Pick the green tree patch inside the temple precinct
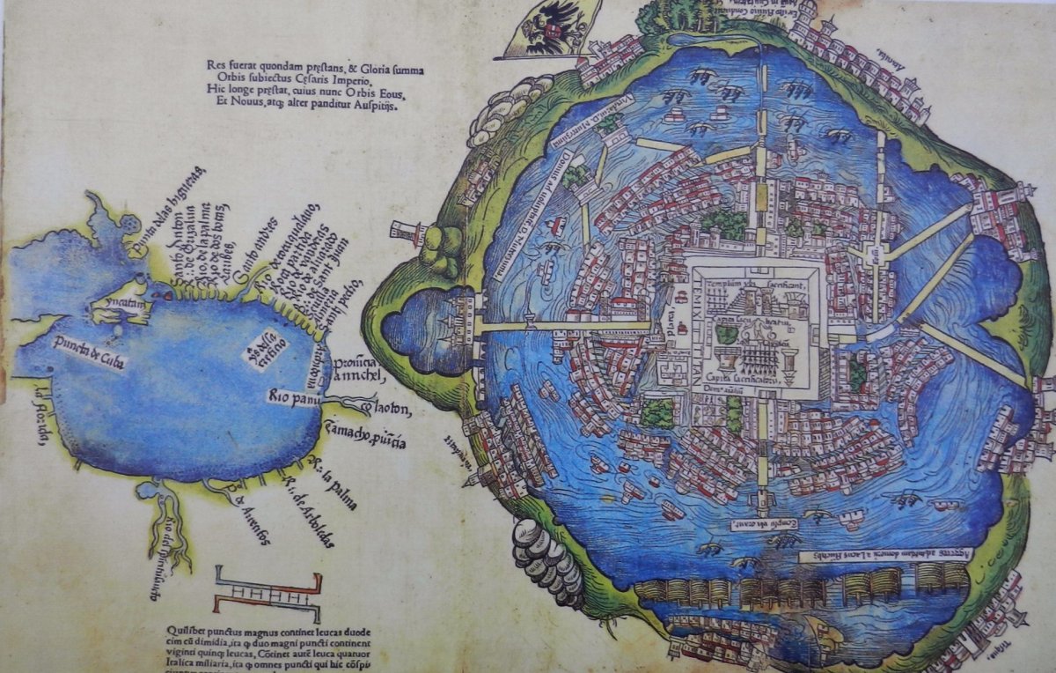tap(726, 334)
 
